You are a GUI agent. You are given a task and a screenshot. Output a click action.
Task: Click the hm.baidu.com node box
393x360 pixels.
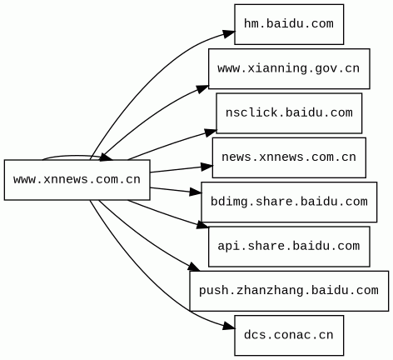(x=289, y=24)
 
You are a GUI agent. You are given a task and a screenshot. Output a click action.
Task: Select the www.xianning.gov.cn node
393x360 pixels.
(x=289, y=68)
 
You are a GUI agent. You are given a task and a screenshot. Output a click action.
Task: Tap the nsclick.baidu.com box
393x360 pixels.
(x=289, y=113)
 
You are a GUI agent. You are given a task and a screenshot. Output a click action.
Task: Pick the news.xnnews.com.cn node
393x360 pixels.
(x=289, y=157)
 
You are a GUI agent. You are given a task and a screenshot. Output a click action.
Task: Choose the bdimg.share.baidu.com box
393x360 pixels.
(x=289, y=202)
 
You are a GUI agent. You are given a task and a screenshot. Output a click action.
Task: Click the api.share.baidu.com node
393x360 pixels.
(x=289, y=247)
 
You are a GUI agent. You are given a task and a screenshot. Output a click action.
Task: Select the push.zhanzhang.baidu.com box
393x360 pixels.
(x=289, y=291)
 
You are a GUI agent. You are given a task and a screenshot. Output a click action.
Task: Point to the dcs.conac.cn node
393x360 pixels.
(x=289, y=335)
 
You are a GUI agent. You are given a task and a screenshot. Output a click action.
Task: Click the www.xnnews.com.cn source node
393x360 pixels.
(x=77, y=180)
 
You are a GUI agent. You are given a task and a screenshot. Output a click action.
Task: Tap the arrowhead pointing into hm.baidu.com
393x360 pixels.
(x=229, y=33)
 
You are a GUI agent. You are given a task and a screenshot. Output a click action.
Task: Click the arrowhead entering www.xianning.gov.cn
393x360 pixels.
(x=201, y=89)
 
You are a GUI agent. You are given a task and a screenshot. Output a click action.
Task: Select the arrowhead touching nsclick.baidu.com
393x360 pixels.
(x=211, y=132)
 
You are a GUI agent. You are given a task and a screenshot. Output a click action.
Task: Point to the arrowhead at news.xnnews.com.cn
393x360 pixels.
(x=206, y=167)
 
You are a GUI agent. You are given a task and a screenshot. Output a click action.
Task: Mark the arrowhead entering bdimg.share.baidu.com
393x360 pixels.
(x=196, y=192)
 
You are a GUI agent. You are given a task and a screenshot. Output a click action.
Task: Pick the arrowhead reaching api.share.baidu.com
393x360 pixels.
(x=202, y=225)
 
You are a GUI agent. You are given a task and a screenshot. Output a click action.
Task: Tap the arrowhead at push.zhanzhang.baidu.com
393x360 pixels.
(x=193, y=267)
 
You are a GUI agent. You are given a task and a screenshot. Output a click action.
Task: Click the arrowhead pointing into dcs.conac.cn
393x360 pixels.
(x=229, y=326)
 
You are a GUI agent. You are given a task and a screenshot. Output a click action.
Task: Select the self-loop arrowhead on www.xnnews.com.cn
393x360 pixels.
(x=106, y=157)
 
